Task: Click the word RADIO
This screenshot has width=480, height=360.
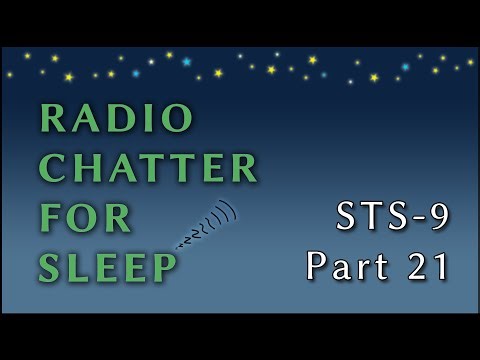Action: [x=116, y=119]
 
